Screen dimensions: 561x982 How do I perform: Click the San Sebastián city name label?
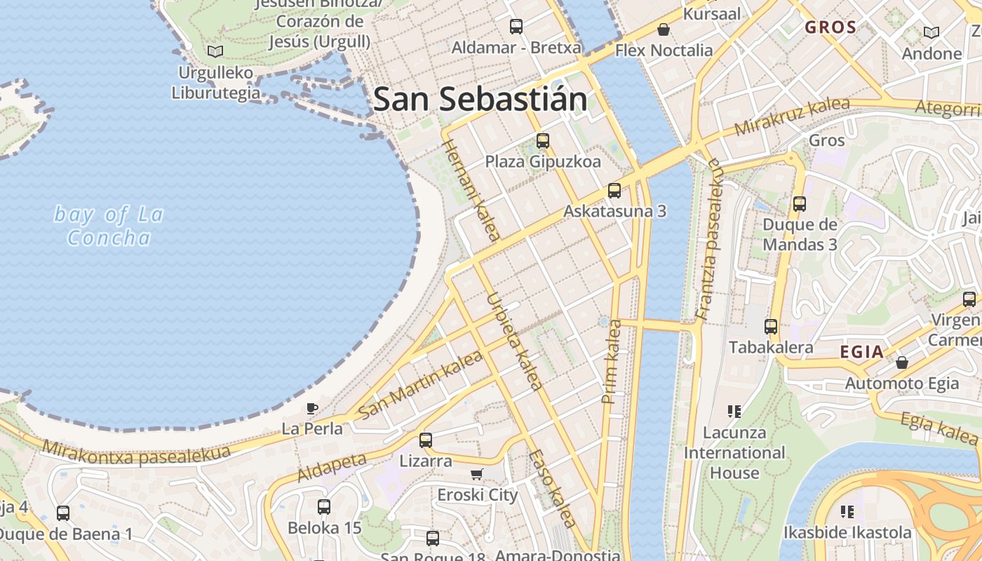[480, 99]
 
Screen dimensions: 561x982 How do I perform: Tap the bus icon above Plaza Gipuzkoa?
[543, 141]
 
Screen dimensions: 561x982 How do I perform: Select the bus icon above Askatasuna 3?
[614, 190]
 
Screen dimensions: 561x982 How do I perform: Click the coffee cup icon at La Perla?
[312, 408]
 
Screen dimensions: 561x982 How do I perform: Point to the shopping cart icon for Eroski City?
[477, 474]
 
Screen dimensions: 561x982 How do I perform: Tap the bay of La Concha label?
[109, 226]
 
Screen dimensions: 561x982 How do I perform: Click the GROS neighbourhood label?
[830, 27]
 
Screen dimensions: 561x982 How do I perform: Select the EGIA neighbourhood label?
[861, 352]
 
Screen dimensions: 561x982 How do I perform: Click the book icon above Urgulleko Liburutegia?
[215, 51]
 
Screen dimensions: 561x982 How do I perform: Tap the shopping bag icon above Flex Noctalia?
[663, 29]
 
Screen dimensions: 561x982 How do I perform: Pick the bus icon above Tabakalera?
[771, 326]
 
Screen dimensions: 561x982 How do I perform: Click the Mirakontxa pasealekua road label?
[136, 453]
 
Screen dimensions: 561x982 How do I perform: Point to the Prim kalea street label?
[612, 362]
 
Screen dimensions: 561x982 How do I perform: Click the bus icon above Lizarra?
[426, 440]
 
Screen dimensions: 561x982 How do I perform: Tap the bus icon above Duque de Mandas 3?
[800, 204]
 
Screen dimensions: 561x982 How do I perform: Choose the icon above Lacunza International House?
[734, 411]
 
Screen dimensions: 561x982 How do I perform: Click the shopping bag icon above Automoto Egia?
[902, 363]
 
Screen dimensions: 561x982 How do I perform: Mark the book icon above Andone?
[931, 32]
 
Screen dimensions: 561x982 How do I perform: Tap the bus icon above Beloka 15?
[324, 506]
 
